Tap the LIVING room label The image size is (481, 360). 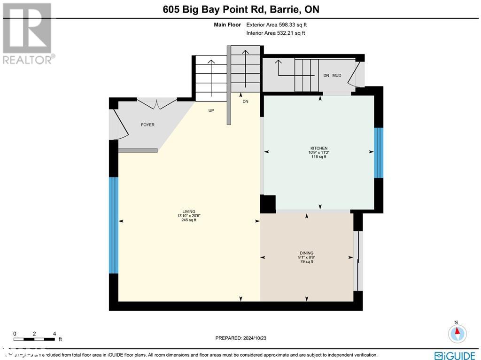189,211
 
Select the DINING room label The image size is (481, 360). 306,253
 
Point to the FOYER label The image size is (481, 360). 147,125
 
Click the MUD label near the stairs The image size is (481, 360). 337,75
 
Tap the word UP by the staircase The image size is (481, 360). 212,111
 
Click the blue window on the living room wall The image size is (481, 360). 113,225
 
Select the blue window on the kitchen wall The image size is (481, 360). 379,153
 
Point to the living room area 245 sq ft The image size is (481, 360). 189,220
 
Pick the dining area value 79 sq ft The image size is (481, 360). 306,262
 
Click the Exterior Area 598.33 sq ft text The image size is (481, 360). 276,25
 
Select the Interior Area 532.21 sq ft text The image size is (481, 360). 276,33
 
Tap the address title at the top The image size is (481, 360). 240,9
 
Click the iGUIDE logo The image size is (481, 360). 454,355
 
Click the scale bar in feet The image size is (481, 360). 35,339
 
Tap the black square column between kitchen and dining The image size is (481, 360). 268,204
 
